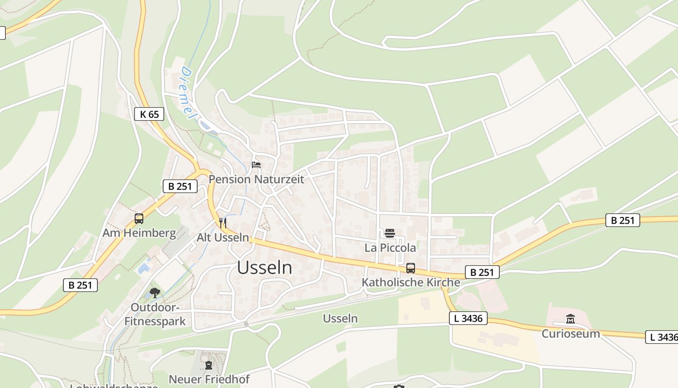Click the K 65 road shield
point(149,114)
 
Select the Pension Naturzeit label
point(256,179)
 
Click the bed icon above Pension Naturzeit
point(256,165)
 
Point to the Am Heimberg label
point(139,233)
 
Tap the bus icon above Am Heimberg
point(139,219)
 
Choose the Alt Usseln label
point(223,238)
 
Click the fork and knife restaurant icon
point(223,223)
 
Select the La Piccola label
point(390,248)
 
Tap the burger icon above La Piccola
point(390,234)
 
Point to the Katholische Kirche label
point(411,282)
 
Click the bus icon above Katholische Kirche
point(411,268)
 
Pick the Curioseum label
point(570,334)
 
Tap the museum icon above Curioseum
point(570,319)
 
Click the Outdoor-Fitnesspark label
point(155,314)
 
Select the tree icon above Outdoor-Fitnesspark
point(155,292)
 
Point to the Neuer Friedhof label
point(209,379)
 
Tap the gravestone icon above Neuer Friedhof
point(209,365)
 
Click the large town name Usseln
point(264,268)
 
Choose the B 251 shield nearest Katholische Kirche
point(482,272)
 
